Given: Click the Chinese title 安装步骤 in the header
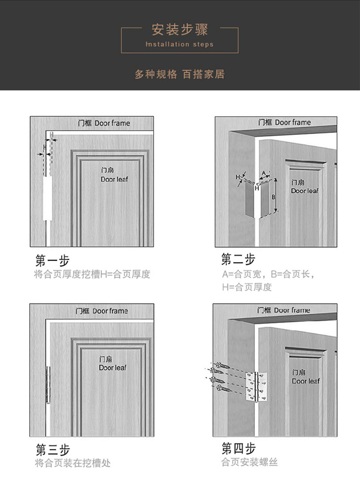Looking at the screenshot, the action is click(x=180, y=30).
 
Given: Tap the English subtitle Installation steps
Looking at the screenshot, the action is click(x=180, y=44).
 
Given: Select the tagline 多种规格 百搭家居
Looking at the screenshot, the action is click(x=180, y=74).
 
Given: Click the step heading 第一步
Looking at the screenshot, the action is click(x=52, y=261).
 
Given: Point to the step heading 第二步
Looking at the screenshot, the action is click(x=238, y=260).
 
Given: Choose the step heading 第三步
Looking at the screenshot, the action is click(x=52, y=450).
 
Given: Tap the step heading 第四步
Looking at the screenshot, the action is click(x=238, y=448).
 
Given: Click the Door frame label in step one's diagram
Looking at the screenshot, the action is click(x=104, y=123).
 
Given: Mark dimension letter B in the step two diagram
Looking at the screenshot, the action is click(x=273, y=196).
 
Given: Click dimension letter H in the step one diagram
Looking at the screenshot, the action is click(x=45, y=147).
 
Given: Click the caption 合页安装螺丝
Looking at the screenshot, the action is click(x=250, y=462).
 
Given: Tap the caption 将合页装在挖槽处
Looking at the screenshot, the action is click(x=72, y=463).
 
